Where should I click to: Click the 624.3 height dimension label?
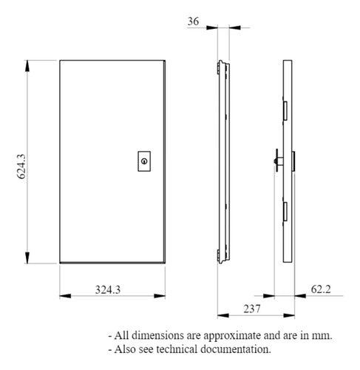coord(21,166)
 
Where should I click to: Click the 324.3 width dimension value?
coord(108,290)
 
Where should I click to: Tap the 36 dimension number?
coord(193,21)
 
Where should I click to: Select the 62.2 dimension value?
coord(321,289)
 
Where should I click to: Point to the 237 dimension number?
coord(252,309)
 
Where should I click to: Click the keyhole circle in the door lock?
coord(144,161)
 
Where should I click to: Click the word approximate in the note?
coord(232,336)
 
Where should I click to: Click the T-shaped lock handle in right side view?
coord(278,161)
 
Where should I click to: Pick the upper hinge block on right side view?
coord(285,111)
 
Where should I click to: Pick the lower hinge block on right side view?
coord(285,212)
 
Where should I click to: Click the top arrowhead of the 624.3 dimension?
coord(27,66)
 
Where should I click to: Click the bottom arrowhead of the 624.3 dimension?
coord(27,258)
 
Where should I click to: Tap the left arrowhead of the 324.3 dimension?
coord(65,296)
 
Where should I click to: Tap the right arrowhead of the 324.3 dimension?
coord(160,296)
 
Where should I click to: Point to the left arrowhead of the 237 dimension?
coord(223,315)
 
